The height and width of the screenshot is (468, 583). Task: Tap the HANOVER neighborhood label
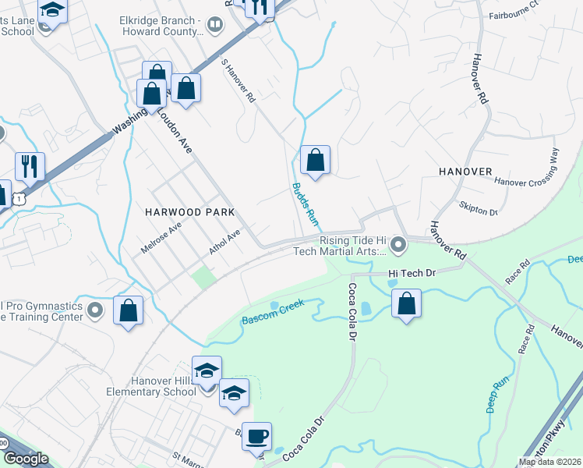coord(465,171)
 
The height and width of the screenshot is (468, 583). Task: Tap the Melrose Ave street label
coord(161,236)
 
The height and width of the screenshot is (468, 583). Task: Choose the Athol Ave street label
coord(224,243)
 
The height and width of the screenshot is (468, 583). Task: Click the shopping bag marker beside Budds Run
coord(315,161)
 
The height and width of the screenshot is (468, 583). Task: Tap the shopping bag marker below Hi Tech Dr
coord(406,303)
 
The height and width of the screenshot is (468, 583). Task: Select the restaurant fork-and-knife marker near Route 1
coord(30,166)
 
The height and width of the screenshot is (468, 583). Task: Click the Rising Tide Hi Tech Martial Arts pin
coord(398,246)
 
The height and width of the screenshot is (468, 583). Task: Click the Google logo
coord(26,459)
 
